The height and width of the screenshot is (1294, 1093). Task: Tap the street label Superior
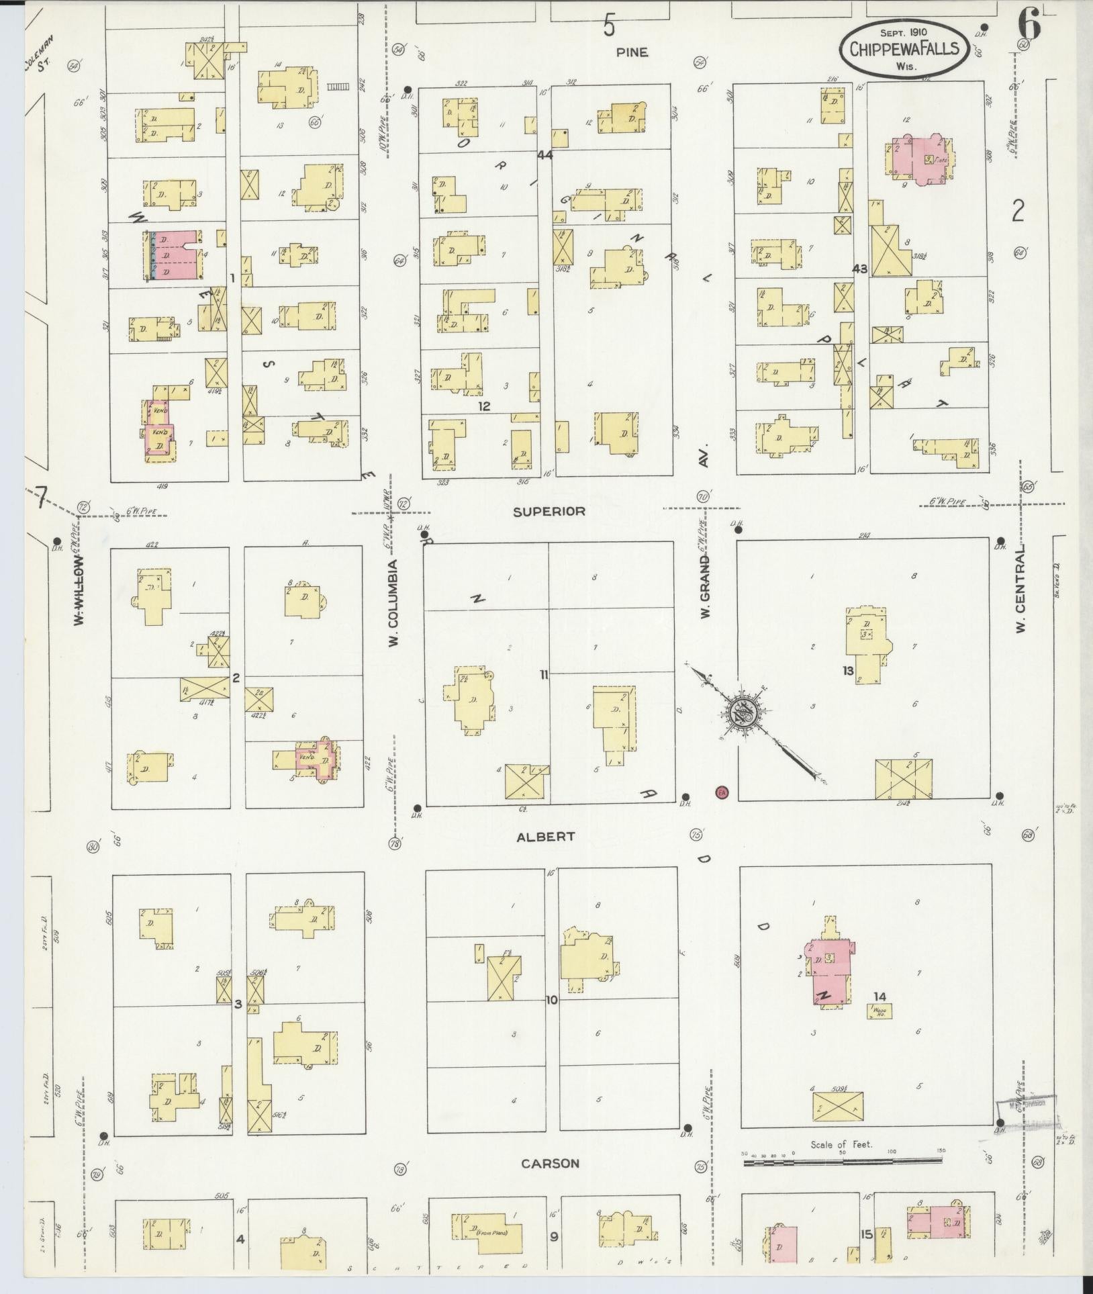pyautogui.click(x=549, y=511)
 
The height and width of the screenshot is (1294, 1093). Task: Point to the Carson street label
pyautogui.click(x=550, y=1163)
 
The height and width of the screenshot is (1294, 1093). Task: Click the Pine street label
pyautogui.click(x=633, y=52)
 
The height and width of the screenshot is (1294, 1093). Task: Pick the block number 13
pyautogui.click(x=848, y=670)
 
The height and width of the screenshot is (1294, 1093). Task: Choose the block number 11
pyautogui.click(x=544, y=675)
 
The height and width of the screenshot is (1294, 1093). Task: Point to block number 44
pyautogui.click(x=544, y=155)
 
